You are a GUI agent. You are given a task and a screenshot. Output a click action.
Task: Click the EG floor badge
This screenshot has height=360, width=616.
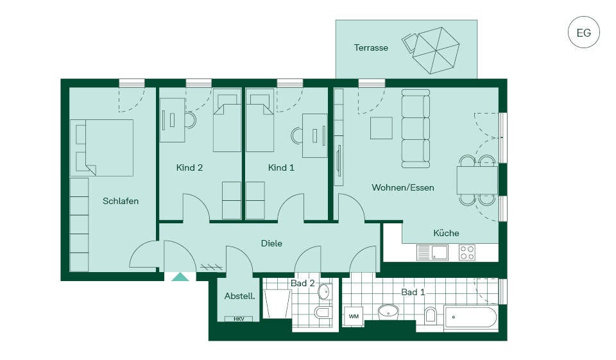coord(583,32)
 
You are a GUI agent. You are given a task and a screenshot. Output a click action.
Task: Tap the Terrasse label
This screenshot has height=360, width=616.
coord(371,47)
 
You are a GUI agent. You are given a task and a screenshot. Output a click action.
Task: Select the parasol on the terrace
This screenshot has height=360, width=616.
coord(436,50)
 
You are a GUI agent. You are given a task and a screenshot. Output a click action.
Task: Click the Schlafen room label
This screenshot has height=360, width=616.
coord(121,201)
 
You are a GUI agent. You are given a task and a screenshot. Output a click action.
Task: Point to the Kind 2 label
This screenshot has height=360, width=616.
coord(189,167)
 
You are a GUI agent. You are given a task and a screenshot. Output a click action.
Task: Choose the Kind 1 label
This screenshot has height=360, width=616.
coord(281,167)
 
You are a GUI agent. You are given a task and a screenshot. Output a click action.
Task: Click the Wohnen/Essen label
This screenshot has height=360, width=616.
coord(403,187)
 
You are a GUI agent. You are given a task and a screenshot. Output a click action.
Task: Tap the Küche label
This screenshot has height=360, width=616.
coord(446,233)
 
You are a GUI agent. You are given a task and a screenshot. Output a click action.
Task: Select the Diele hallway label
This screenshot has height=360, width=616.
coord(271,243)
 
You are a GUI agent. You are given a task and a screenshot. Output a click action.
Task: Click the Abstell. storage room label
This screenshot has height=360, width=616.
coord(239,296)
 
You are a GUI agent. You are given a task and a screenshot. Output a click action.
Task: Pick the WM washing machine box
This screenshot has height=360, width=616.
coord(353,316)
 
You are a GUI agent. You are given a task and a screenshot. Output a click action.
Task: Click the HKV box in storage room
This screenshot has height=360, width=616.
coord(239,319)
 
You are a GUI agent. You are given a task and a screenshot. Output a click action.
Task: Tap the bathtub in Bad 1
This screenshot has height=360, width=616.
coord(470,317)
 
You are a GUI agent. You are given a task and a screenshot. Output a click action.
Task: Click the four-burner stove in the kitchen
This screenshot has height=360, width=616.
coord(467,252)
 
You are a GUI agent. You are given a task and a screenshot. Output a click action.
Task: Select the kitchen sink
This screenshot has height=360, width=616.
coord(432,252)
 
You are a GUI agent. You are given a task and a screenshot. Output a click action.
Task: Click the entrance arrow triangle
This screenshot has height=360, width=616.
coord(180,277)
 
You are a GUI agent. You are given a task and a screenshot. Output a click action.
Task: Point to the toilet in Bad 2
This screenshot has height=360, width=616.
coord(322,313)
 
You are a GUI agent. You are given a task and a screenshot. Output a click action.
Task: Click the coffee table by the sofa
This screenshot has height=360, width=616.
coord(381,128)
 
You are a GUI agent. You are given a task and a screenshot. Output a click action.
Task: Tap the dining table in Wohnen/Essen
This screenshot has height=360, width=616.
coord(477,180)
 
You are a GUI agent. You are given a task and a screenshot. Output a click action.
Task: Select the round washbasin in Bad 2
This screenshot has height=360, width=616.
coord(324,292)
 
